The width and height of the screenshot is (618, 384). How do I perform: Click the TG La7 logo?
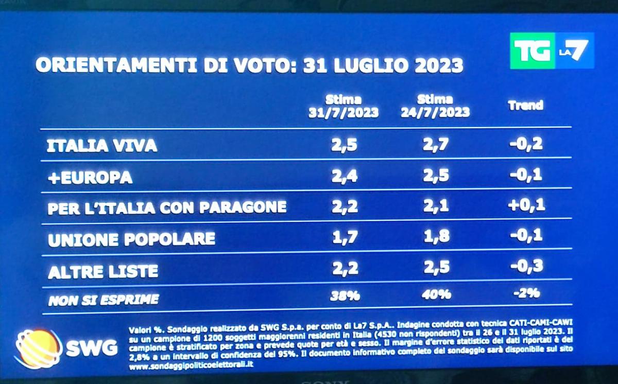[552, 51]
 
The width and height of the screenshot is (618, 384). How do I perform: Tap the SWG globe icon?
[37, 349]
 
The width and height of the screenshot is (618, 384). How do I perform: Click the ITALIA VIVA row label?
[101, 146]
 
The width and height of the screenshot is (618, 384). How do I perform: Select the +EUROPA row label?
[90, 178]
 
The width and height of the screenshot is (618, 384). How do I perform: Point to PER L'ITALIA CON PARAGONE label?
[167, 207]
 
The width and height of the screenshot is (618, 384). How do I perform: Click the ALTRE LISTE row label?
[103, 272]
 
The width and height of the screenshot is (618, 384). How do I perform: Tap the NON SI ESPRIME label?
[104, 300]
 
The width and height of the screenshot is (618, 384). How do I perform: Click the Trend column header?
[525, 106]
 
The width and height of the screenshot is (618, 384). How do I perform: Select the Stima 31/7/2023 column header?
[343, 106]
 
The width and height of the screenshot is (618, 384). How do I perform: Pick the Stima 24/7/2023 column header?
[435, 106]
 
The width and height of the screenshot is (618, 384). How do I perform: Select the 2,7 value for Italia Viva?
[436, 145]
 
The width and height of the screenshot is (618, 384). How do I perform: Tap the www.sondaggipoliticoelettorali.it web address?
[190, 364]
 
